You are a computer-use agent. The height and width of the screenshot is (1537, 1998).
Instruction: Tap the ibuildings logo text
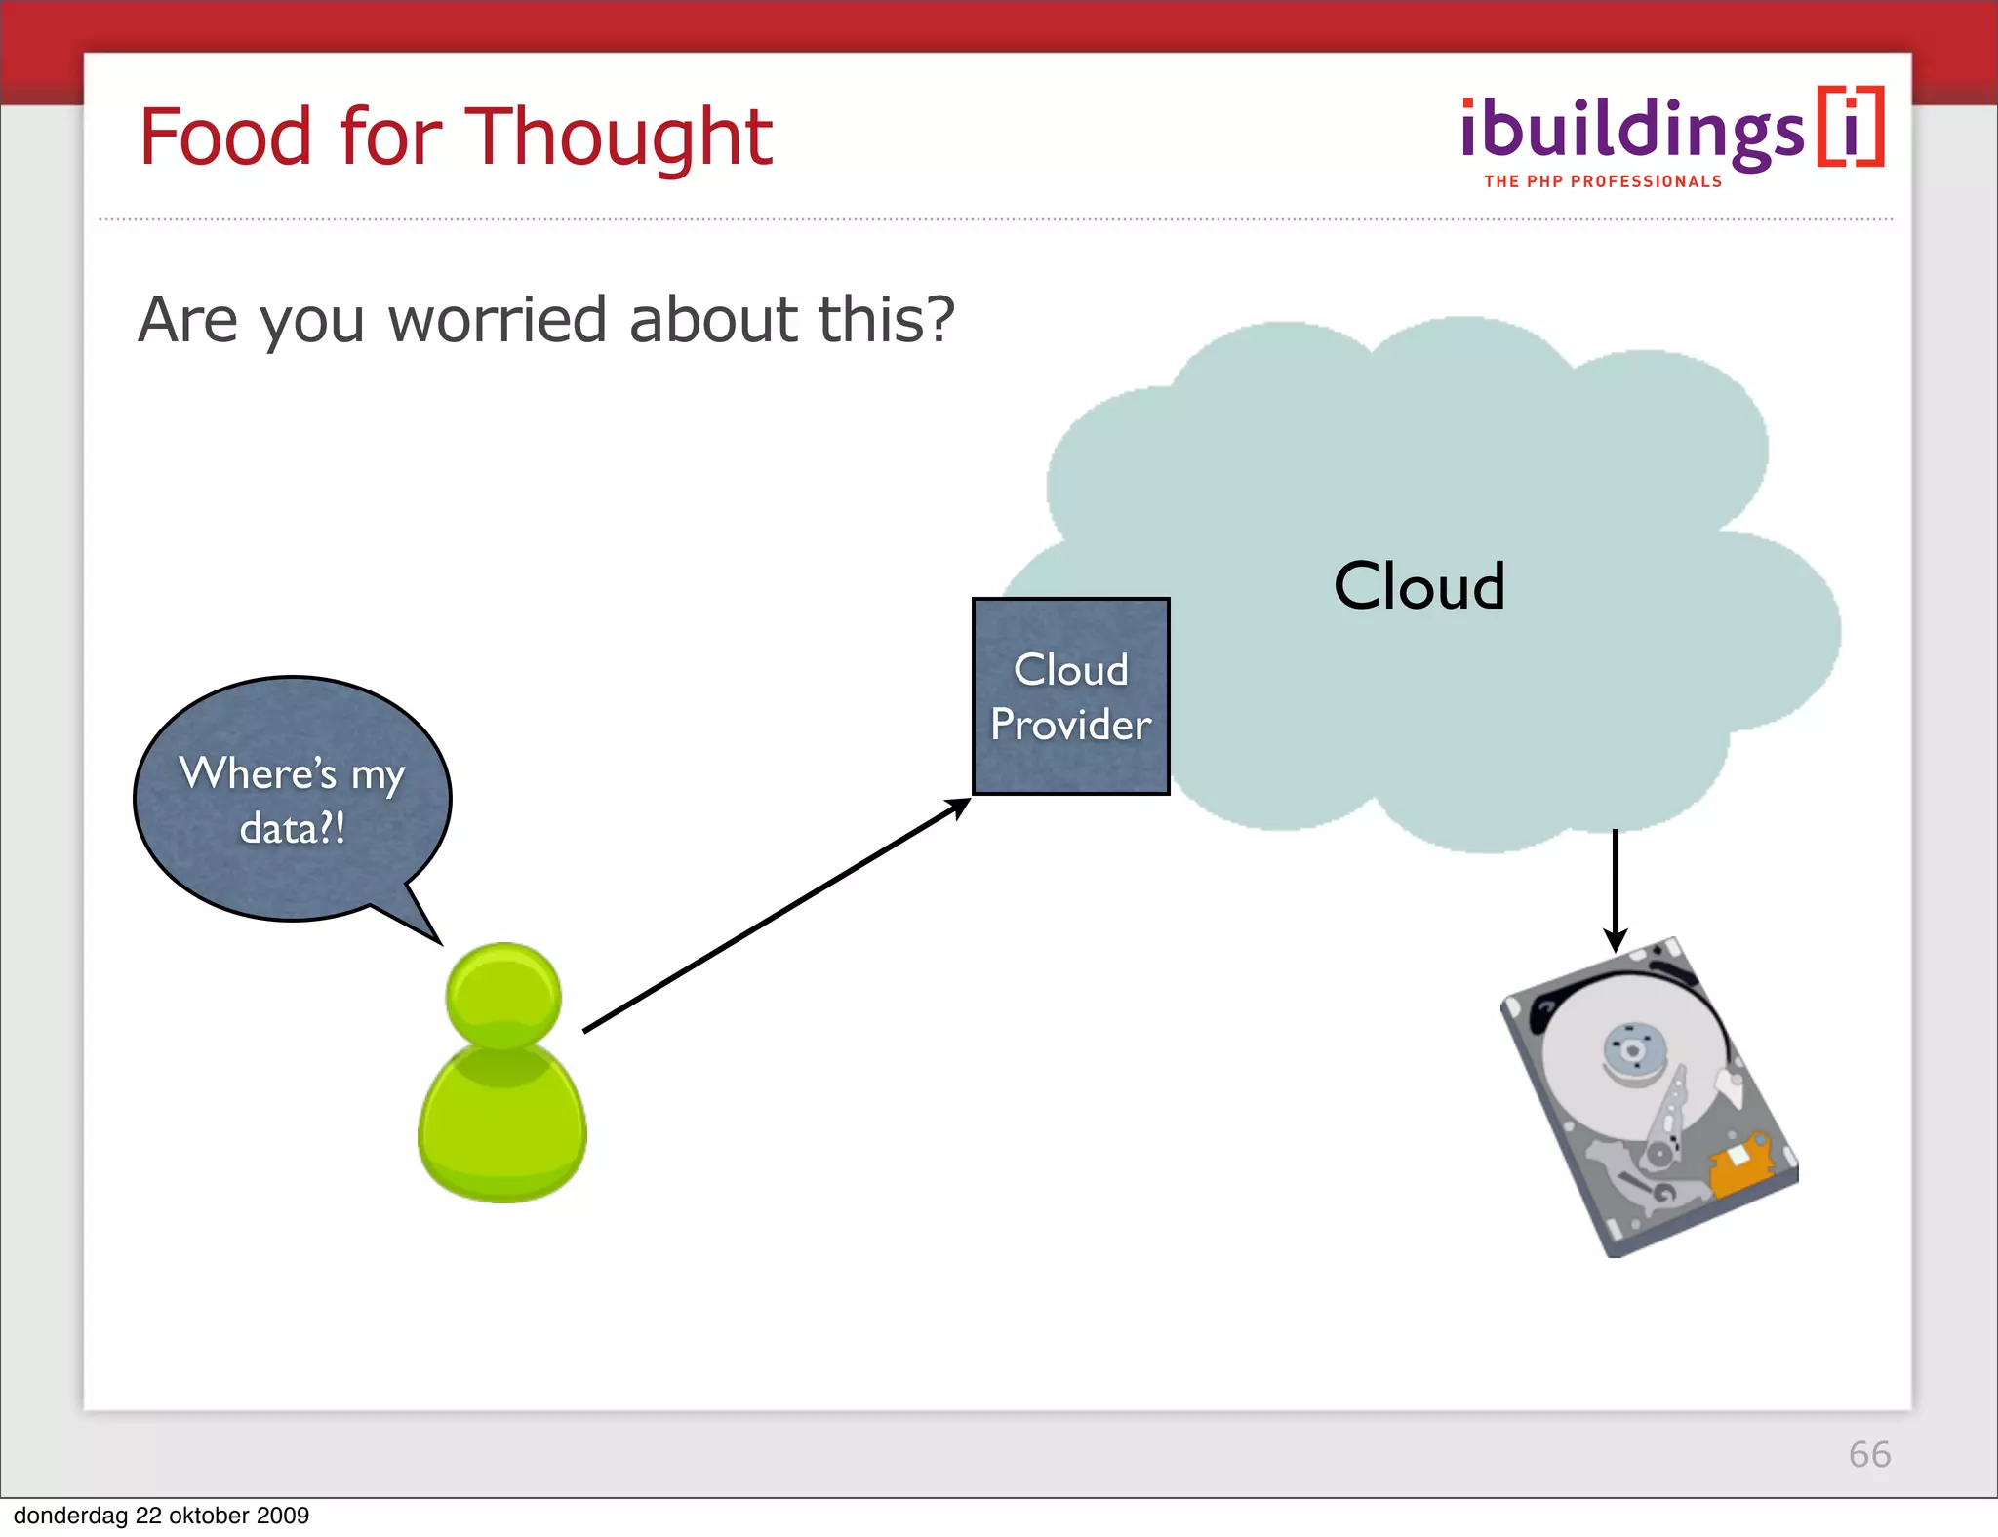(x=1631, y=132)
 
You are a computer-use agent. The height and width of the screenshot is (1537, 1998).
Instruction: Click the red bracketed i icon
(x=1851, y=128)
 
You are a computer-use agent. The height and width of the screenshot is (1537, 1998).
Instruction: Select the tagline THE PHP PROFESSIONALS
(x=1603, y=182)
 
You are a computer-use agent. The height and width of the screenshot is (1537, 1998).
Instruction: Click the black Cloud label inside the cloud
(x=1419, y=586)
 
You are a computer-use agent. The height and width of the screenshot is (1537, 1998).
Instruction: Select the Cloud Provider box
(x=1070, y=695)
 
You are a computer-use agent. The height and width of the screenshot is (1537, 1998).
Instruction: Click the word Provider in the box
(x=1070, y=725)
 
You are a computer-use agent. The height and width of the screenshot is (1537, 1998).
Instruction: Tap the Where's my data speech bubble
(x=292, y=798)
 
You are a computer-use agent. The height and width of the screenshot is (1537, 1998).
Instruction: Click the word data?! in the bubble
(x=292, y=829)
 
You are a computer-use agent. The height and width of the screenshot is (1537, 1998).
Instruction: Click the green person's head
(x=503, y=996)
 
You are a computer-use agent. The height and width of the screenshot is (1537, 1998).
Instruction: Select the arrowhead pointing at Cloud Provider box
(x=959, y=807)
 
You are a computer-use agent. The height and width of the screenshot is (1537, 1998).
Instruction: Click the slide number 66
(x=1868, y=1454)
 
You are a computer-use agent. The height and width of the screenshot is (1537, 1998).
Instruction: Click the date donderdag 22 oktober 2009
(x=161, y=1516)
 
